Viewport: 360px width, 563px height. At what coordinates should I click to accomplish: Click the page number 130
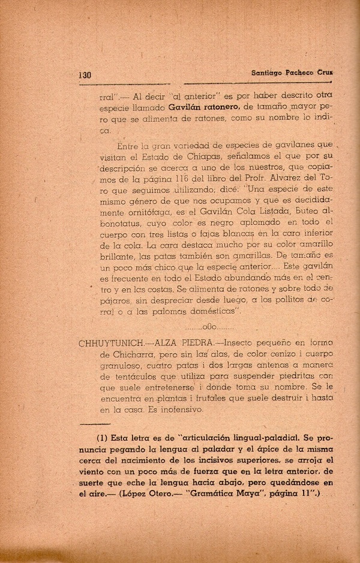point(85,76)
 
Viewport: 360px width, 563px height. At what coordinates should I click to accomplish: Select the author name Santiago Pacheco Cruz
point(283,73)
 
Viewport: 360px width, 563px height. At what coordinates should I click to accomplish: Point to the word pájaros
point(116,299)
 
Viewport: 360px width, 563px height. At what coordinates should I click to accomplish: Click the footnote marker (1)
point(103,437)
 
